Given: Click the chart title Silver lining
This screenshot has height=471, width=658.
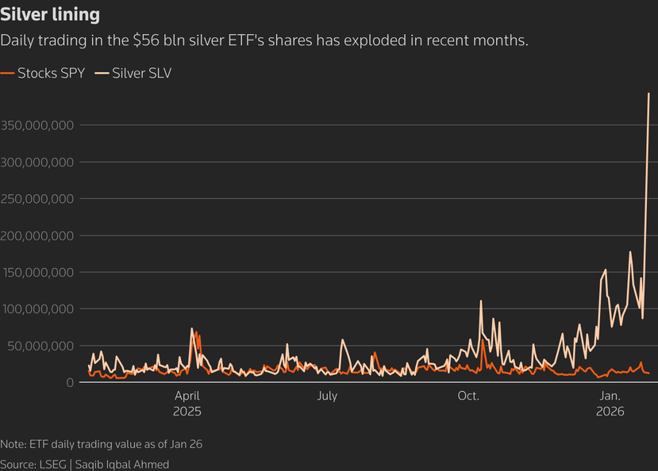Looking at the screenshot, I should [50, 15].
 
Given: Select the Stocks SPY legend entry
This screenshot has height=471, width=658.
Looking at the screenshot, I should [51, 73].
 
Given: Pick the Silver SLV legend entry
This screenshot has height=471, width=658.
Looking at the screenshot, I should [141, 73].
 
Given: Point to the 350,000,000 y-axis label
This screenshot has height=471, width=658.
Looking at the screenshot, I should [38, 125].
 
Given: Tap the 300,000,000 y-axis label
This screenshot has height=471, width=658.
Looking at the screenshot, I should [38, 162].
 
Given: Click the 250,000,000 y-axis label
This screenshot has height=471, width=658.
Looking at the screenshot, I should [38, 199].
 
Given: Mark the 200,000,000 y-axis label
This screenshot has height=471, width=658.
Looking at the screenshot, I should [38, 235].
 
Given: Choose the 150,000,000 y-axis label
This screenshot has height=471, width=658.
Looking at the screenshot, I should [38, 272].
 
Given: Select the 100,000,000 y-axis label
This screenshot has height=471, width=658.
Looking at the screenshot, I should [38, 309].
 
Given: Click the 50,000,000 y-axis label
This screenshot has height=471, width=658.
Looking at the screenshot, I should [41, 346].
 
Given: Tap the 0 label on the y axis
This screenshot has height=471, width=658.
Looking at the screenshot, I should [71, 382].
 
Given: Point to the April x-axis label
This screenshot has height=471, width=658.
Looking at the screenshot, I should [187, 396].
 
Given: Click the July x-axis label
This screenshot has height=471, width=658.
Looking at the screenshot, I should [327, 396].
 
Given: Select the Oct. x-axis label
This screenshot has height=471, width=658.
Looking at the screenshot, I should [468, 396].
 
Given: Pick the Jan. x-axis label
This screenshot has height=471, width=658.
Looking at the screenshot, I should [610, 396].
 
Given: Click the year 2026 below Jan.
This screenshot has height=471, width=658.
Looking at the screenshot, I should [610, 412].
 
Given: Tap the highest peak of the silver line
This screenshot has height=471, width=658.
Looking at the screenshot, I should [649, 94].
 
